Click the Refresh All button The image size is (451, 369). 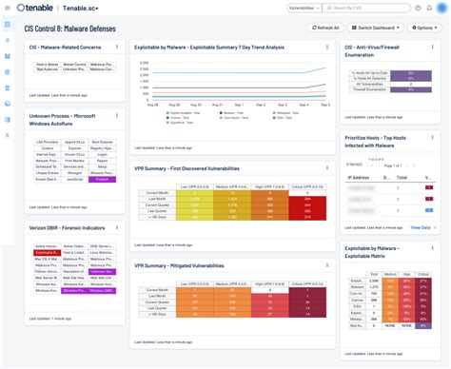[326, 28]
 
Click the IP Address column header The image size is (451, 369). [360, 177]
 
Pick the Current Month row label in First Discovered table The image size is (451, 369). [157, 191]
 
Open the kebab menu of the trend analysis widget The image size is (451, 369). [328, 46]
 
